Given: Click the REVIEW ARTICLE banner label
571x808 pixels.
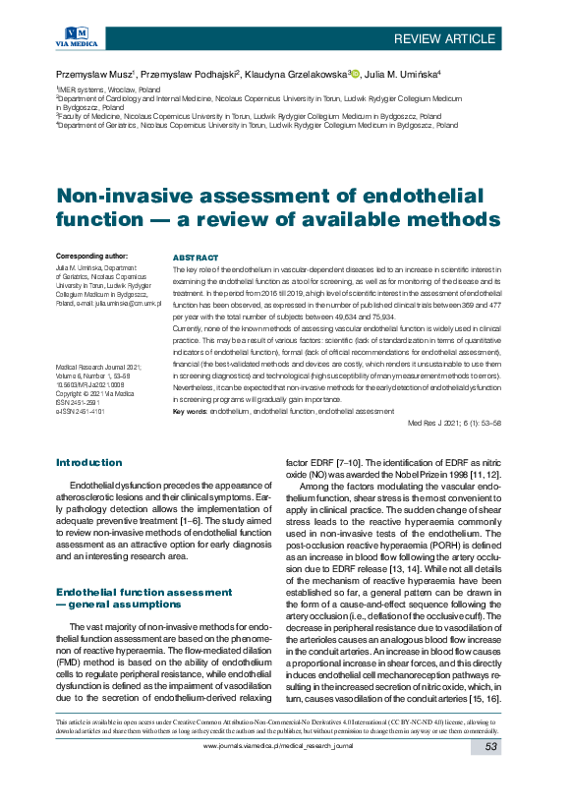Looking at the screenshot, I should (x=444, y=38).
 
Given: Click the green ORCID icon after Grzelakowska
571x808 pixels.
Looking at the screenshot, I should (x=356, y=74).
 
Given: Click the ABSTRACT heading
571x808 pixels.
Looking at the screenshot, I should (x=195, y=257).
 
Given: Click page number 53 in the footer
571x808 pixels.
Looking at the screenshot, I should (x=492, y=777).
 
